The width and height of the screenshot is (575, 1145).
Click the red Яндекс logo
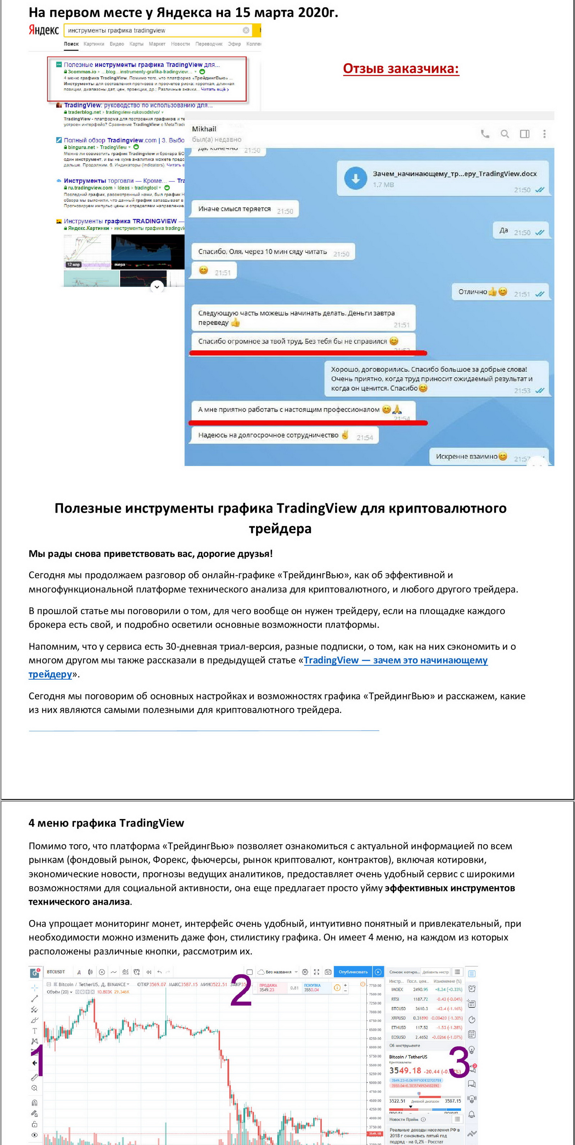44,30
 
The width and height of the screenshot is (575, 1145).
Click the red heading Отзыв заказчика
401,68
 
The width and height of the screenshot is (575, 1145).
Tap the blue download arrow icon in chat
356,178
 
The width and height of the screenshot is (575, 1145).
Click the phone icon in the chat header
485,134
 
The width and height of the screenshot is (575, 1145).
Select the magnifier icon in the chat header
505,134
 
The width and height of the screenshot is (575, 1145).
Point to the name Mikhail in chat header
204,129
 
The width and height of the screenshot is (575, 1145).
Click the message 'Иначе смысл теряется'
234,209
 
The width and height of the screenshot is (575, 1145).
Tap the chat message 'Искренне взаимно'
466,456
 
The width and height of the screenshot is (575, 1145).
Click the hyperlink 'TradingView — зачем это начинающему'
395,660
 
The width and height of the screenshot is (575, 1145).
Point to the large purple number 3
459,1063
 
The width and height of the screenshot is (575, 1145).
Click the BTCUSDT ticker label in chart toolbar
56,972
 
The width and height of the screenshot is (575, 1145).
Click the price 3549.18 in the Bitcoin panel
405,1071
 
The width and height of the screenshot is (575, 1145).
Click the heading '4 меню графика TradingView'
106,823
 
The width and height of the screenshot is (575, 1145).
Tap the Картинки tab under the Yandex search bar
94,44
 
